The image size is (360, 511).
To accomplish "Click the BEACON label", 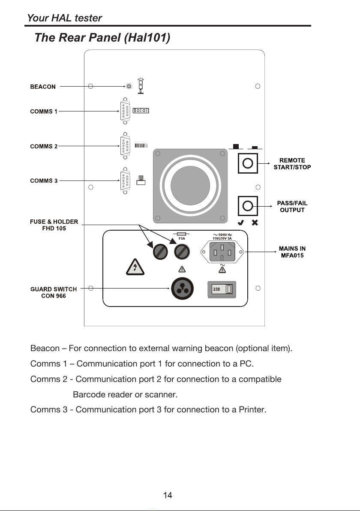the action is tap(43, 87).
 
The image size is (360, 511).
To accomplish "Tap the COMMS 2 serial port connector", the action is tap(125, 146).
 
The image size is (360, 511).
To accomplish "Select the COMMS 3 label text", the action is tap(44, 180).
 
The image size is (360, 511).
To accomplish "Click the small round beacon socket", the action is tap(129, 86).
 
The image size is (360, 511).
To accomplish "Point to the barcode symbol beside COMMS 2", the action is tap(141, 145).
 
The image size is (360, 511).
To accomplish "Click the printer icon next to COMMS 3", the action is tap(141, 180).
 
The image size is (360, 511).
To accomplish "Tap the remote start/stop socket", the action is tap(248, 163).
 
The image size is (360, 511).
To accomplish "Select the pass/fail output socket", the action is tap(248, 206).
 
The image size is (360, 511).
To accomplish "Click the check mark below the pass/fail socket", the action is tap(241, 222).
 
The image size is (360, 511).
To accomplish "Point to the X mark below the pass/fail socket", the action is tap(255, 222).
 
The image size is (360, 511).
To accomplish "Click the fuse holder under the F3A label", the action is tap(182, 252).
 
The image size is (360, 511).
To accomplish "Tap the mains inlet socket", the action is tap(222, 252).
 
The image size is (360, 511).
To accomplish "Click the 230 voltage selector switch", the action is tap(222, 289).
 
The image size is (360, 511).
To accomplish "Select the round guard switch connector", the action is tap(183, 289).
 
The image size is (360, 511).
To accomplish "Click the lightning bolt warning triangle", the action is tap(135, 267).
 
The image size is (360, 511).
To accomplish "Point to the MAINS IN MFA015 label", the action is tap(292, 252).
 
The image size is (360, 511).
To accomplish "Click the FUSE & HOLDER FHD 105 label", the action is tap(54, 225).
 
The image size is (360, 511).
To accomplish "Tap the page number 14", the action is tap(168, 496).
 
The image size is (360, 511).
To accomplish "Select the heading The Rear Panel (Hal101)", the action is tap(102, 37).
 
